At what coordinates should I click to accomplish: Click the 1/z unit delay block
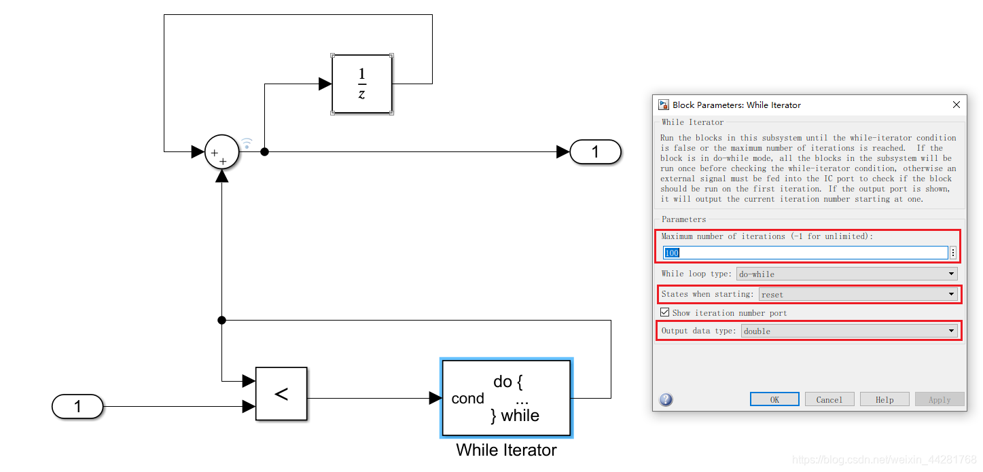[361, 84]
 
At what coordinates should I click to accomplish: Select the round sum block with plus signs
[221, 151]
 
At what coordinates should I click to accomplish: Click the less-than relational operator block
[281, 394]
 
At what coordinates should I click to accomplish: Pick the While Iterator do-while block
[506, 398]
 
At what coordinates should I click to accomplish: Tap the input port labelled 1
[77, 407]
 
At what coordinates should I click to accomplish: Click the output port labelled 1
[595, 151]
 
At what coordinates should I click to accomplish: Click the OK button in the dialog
[774, 399]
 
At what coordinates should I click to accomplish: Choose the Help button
[884, 399]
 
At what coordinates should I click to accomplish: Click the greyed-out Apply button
[940, 399]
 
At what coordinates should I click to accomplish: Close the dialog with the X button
[957, 105]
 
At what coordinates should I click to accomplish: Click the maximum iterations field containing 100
[805, 253]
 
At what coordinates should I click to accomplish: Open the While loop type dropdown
[846, 274]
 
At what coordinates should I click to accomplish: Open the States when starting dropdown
[858, 295]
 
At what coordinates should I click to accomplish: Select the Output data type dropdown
[849, 331]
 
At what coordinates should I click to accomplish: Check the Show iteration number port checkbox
[665, 313]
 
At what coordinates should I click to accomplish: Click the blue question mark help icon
[666, 399]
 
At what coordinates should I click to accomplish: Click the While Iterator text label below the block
[506, 450]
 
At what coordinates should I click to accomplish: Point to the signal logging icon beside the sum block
[247, 143]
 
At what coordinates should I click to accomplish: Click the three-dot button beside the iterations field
[953, 253]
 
